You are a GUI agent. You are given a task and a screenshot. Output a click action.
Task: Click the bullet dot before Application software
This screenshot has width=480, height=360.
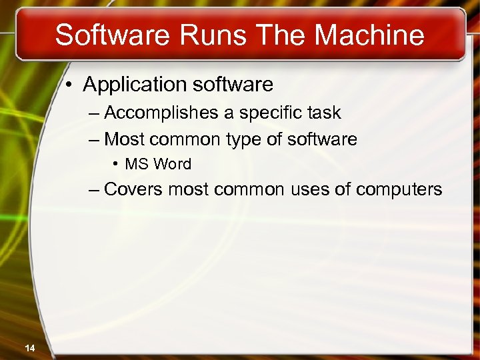coord(70,85)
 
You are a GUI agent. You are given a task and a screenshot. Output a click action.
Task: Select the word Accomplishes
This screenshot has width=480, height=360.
coord(162,113)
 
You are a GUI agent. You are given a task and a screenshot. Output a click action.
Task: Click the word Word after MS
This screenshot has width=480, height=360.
coord(172,164)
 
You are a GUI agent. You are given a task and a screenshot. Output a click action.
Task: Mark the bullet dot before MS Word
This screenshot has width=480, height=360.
coord(115,164)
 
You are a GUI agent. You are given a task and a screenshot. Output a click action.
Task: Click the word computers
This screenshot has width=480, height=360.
coord(399,190)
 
